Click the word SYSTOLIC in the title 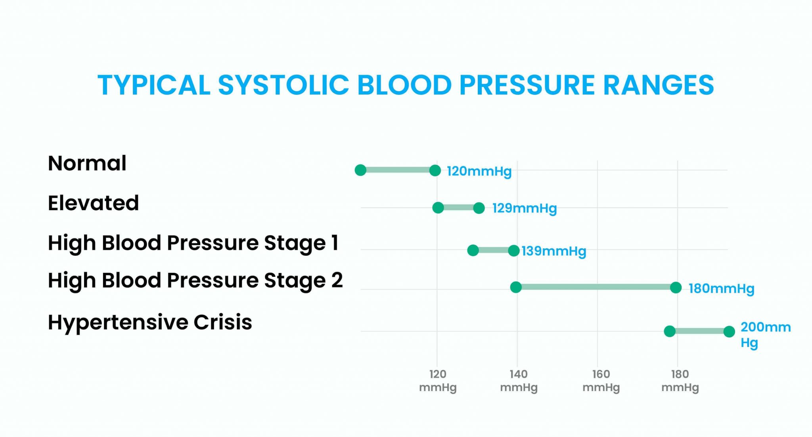(x=283, y=85)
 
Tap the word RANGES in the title (x=658, y=85)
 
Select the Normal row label (x=87, y=163)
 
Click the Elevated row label (x=93, y=203)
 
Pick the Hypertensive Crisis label (x=150, y=322)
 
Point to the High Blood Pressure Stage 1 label (x=193, y=243)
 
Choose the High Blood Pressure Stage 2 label (x=195, y=280)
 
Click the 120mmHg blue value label (x=479, y=171)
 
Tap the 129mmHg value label (x=525, y=208)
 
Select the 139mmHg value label (x=553, y=251)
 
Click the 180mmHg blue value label (x=721, y=288)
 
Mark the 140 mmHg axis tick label (x=519, y=380)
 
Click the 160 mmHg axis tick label (x=601, y=380)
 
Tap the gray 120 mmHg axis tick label (x=438, y=380)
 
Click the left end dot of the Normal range (x=360, y=170)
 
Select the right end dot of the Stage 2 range (x=676, y=287)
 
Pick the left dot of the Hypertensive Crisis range (x=670, y=331)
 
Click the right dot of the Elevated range (x=479, y=208)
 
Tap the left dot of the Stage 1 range (x=473, y=250)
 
